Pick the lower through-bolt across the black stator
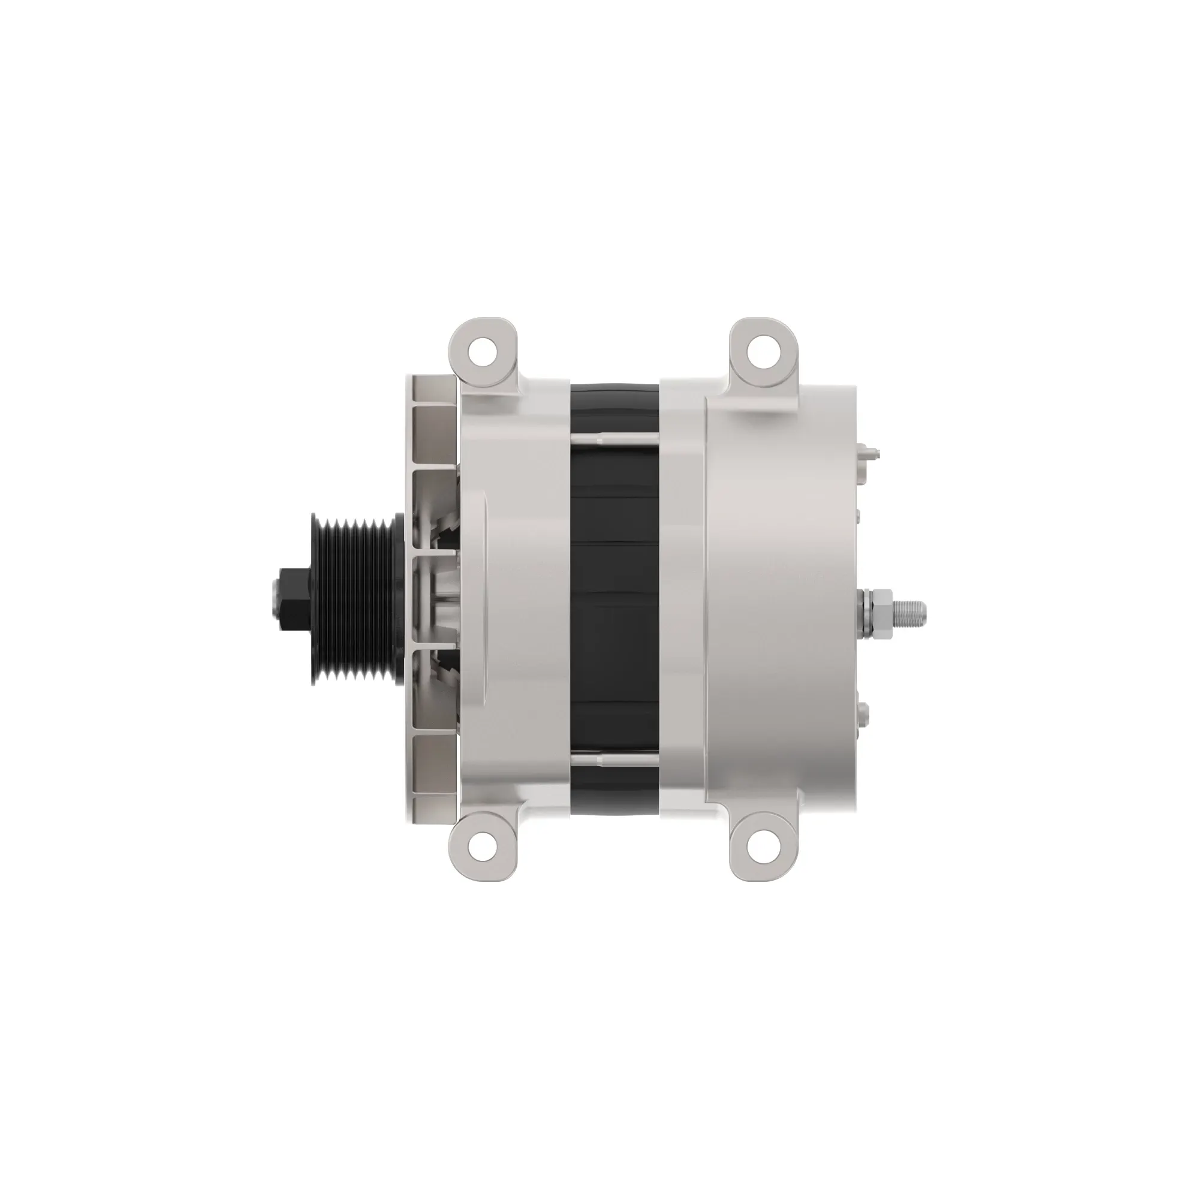[x=614, y=758]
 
